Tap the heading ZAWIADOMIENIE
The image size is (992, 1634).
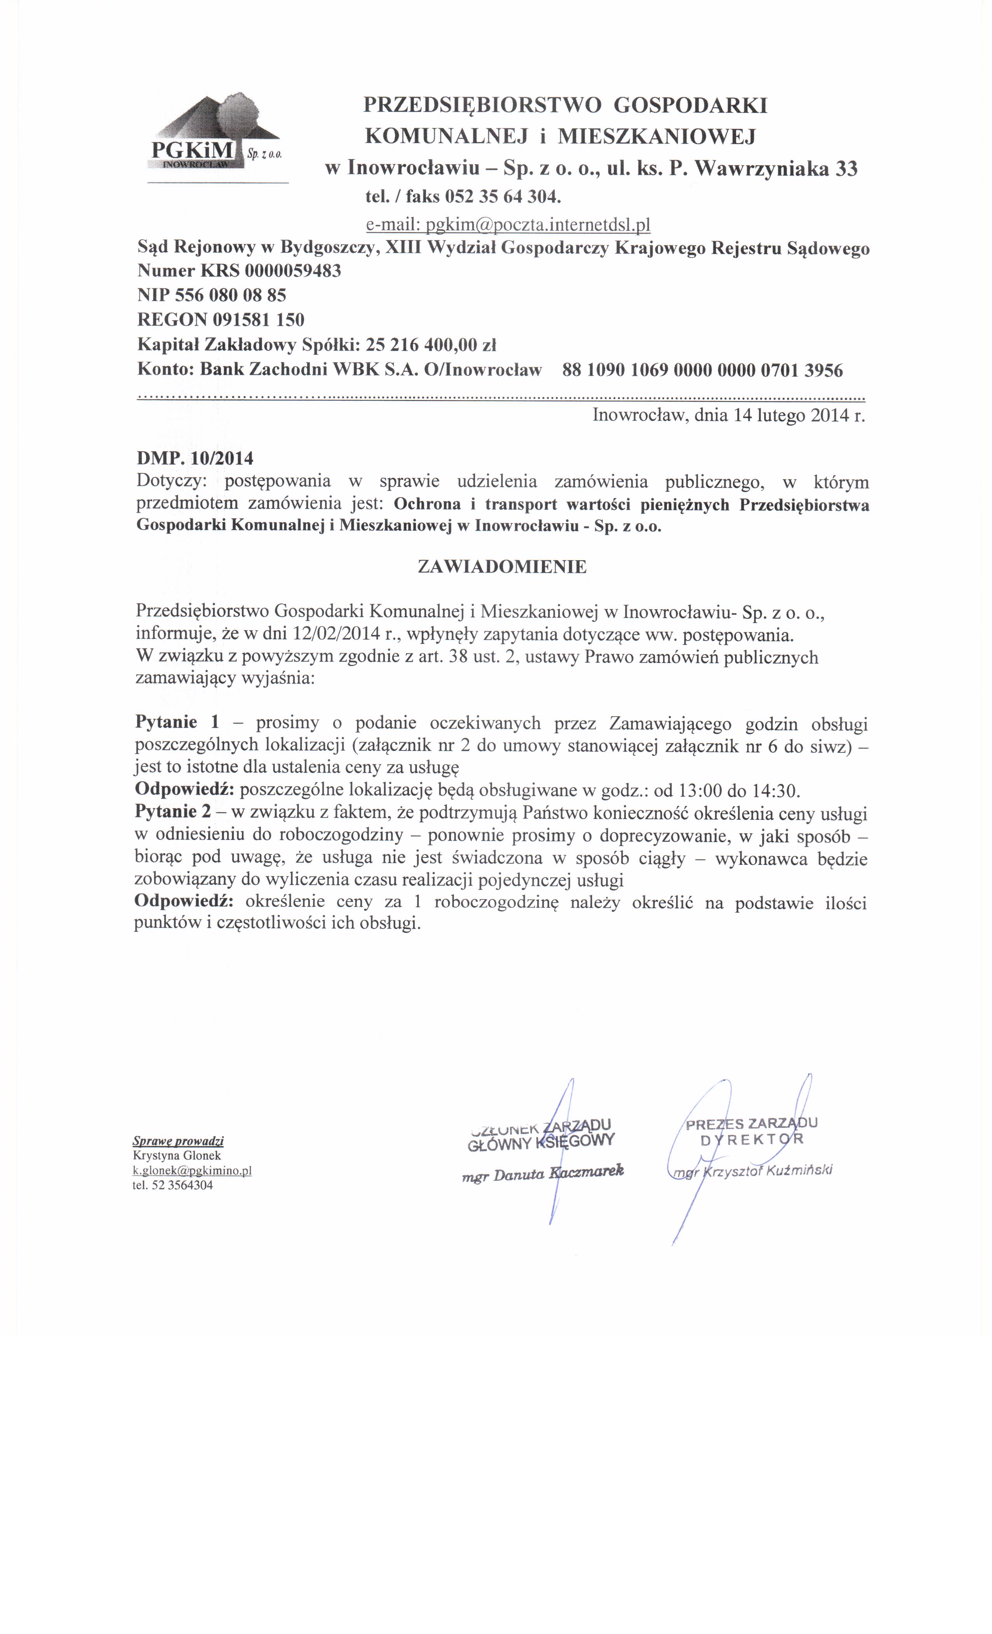pyautogui.click(x=501, y=567)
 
